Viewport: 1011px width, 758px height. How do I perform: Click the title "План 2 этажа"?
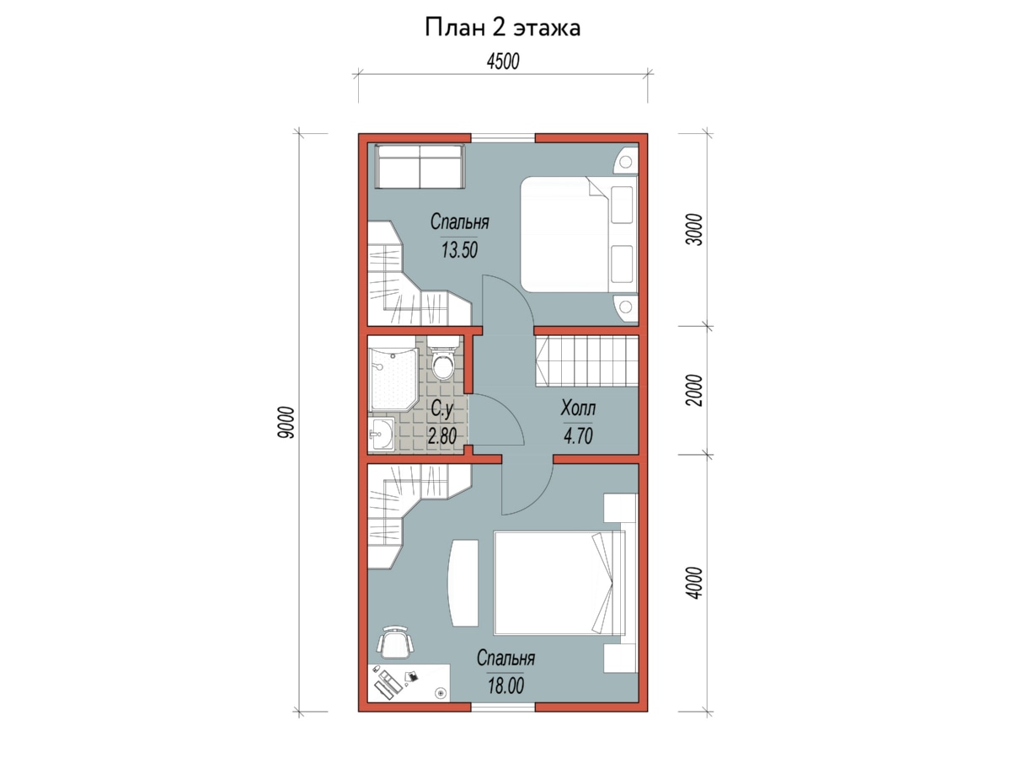pos(502,28)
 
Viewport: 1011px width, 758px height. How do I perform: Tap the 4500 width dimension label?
pos(503,61)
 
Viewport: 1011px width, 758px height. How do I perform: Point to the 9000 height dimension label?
pos(286,422)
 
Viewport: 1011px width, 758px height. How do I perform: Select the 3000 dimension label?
pos(695,230)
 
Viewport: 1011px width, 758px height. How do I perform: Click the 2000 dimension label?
pos(695,390)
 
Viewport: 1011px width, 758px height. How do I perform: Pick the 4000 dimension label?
pos(695,583)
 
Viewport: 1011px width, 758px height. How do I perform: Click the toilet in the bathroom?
pos(443,358)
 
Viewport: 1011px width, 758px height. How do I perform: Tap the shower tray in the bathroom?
pos(393,379)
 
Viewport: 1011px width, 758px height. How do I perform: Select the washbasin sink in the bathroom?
pos(381,434)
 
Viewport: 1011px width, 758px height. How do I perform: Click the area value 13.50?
pos(459,250)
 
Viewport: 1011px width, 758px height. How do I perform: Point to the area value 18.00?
pos(505,686)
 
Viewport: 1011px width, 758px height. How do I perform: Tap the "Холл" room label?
pos(578,408)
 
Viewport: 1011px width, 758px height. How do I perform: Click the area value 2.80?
pos(441,435)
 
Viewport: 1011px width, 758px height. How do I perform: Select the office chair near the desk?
pos(395,641)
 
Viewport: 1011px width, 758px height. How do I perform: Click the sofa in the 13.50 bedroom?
pos(420,166)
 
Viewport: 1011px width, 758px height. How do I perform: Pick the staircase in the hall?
pos(586,360)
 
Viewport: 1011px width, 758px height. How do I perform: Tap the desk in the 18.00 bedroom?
pos(409,682)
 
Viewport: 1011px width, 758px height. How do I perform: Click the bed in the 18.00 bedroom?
pos(559,583)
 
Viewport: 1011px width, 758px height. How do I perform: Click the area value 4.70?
pos(578,435)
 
